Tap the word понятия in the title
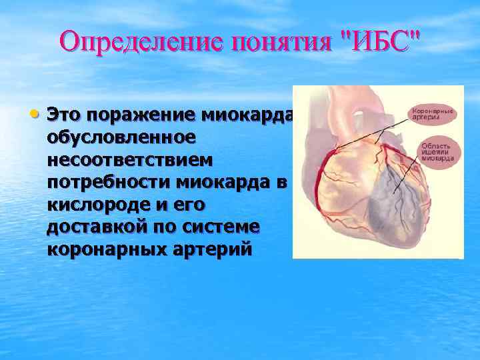tap(280, 41)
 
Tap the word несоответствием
tap(129, 159)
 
